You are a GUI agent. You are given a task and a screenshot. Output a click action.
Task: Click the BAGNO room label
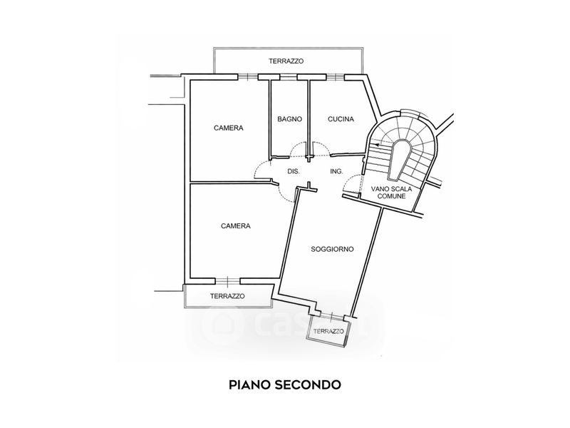tap(290, 120)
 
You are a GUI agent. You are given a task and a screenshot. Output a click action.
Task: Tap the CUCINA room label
tap(341, 120)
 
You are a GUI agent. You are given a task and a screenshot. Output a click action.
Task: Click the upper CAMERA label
tap(229, 128)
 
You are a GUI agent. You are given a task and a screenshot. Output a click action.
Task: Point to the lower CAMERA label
tap(235, 226)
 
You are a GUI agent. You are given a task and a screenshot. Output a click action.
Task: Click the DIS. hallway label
tap(293, 172)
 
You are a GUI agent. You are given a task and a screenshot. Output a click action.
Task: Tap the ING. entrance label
tap(337, 172)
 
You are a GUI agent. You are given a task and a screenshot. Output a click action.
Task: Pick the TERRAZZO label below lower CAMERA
tap(227, 296)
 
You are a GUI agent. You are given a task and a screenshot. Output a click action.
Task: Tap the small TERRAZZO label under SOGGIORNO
tap(328, 332)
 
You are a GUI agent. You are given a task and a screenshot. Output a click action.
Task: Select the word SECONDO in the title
tap(311, 384)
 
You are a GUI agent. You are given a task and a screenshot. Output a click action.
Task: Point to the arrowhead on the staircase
tap(376, 144)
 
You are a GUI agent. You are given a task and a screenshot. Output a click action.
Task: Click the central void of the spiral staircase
tap(401, 154)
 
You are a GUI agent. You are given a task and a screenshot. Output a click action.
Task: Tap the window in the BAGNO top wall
tap(288, 76)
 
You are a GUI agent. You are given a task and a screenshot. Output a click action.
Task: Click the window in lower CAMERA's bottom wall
tap(227, 280)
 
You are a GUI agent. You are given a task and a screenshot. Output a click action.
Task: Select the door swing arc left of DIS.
tap(261, 171)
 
